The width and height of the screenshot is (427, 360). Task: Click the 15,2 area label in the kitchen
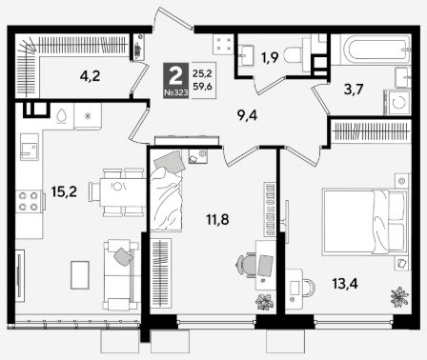[64, 191]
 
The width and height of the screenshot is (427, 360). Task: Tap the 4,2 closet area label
[90, 76]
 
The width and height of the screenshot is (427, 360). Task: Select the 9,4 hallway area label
[247, 116]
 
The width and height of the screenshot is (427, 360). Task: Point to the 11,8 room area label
[217, 219]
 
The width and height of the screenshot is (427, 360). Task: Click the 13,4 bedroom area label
[345, 283]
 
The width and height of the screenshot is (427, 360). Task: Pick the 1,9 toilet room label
[270, 57]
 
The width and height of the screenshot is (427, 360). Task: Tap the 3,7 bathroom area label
[354, 90]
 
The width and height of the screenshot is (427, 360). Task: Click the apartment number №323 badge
[176, 92]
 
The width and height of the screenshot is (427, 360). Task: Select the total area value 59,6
[202, 87]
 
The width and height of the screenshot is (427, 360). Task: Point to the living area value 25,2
[202, 73]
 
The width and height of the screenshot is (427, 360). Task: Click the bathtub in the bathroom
[376, 50]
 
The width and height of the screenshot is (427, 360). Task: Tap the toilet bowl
[293, 55]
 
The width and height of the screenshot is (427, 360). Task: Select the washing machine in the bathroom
[397, 102]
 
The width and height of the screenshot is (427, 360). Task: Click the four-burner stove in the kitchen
[29, 201]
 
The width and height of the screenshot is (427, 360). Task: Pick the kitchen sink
[30, 147]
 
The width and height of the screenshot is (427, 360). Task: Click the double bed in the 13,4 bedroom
[365, 222]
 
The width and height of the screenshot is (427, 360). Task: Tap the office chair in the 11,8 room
[246, 266]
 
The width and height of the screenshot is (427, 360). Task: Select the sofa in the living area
[121, 275]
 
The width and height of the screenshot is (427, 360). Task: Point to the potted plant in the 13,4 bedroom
[399, 297]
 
